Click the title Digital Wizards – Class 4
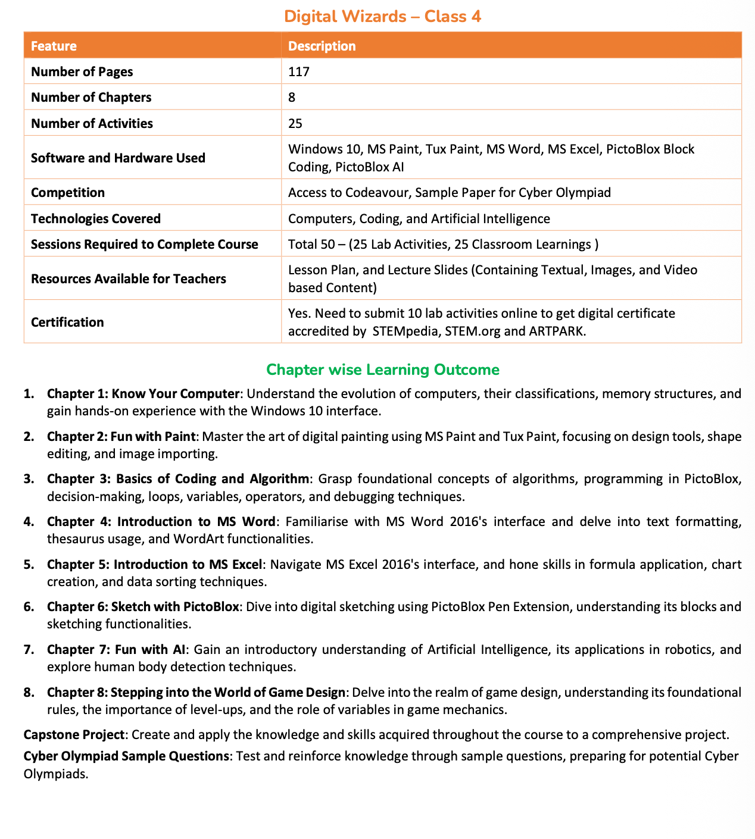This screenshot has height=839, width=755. coord(382,16)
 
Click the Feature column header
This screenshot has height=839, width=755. coord(54,46)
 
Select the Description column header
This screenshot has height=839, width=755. coord(322,46)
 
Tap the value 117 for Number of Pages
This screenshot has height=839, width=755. coord(299,71)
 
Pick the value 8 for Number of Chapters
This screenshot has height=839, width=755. coord(292,97)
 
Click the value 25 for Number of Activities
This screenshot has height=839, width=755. coord(295,123)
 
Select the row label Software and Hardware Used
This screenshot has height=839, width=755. coord(118,158)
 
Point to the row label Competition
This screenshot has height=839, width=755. coord(67,192)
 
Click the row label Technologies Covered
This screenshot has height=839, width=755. coord(95,218)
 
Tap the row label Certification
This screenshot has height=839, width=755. coord(67,322)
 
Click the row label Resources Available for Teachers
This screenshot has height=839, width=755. coord(128,278)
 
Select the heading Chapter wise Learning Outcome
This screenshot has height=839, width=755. coord(382,370)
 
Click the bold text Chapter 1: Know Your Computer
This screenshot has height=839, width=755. coord(143,393)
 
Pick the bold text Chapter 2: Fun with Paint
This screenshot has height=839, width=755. coord(121,436)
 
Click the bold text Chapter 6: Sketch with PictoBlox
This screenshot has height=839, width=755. coord(143,607)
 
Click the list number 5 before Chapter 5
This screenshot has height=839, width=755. coord(28,564)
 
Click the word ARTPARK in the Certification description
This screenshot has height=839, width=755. coord(556,331)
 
